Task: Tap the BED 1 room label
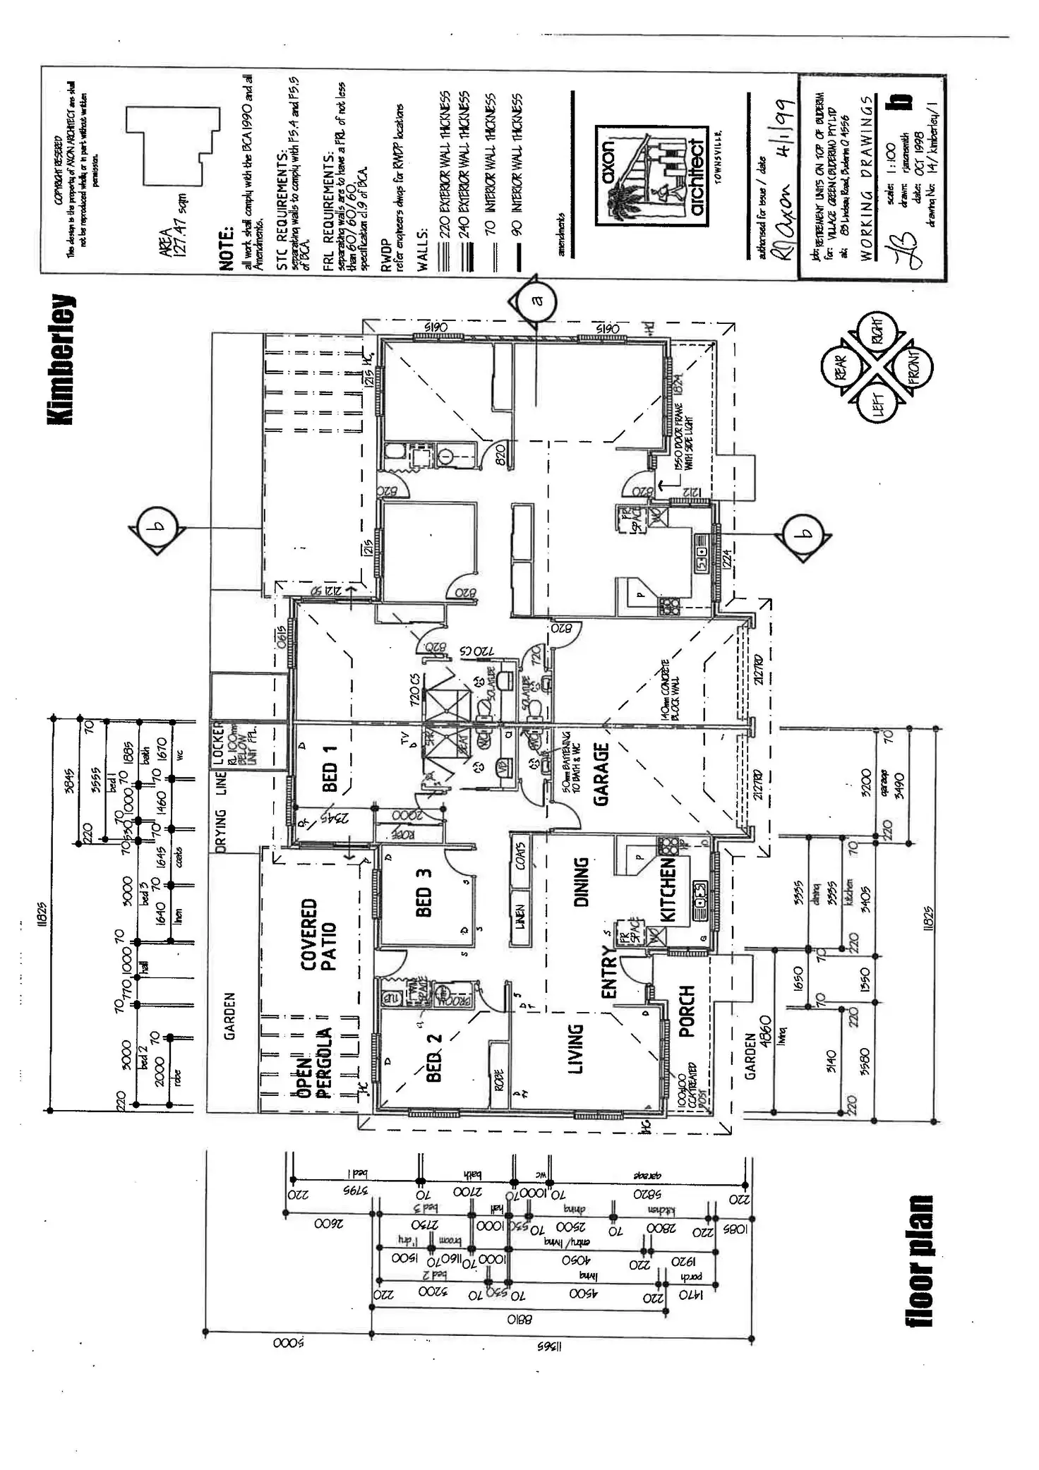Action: tap(330, 769)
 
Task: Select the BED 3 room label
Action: tap(424, 892)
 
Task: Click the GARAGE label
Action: tap(601, 773)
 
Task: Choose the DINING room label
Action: tap(581, 882)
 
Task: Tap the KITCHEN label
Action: tap(668, 890)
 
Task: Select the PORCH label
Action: tap(686, 1011)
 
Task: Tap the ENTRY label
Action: tap(609, 977)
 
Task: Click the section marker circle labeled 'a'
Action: tap(536, 300)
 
